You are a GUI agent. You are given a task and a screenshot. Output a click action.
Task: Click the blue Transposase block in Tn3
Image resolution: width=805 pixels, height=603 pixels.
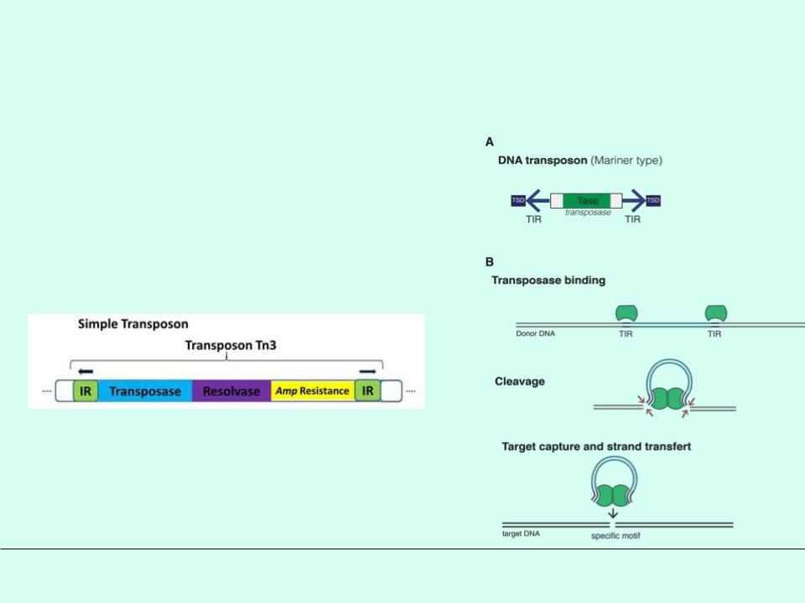[x=145, y=391]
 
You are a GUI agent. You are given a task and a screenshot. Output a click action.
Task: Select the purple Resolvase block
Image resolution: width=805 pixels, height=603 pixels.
[x=231, y=391]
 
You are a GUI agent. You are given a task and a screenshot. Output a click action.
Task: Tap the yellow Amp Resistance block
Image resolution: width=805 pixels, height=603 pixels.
[x=313, y=391]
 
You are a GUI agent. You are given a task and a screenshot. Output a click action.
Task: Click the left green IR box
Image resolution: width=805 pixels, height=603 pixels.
[x=85, y=391]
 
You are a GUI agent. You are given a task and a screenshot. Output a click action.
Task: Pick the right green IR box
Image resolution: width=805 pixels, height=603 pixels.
[x=367, y=391]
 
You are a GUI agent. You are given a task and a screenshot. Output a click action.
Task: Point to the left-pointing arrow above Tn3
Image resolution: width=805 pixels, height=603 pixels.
[x=85, y=370]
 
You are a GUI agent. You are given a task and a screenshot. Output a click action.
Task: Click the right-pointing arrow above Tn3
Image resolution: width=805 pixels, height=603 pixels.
[x=367, y=370]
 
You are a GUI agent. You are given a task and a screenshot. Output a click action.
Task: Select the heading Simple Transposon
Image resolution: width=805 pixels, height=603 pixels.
[x=133, y=323]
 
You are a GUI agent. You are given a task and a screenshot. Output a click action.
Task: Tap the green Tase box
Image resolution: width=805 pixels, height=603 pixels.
[x=587, y=201]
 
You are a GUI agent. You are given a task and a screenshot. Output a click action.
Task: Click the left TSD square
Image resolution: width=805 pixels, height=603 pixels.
[x=517, y=200]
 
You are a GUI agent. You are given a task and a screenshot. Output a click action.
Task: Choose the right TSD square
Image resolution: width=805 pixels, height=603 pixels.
[x=653, y=200]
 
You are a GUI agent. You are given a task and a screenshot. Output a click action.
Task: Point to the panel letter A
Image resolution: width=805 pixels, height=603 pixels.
[x=490, y=142]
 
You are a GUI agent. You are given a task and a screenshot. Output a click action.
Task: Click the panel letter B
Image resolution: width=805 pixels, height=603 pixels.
[x=490, y=261]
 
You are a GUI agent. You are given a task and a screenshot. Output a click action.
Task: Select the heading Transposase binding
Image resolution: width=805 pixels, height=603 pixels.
[x=548, y=281]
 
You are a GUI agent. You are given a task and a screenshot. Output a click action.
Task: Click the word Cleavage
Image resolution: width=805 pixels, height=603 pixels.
[x=520, y=381]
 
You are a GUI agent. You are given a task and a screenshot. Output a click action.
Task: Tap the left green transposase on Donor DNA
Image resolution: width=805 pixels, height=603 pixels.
[x=626, y=313]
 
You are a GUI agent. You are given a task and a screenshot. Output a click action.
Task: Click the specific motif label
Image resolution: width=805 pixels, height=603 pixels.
[x=617, y=534]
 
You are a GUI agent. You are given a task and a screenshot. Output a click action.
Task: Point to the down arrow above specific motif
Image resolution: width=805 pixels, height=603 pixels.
[x=617, y=513]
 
